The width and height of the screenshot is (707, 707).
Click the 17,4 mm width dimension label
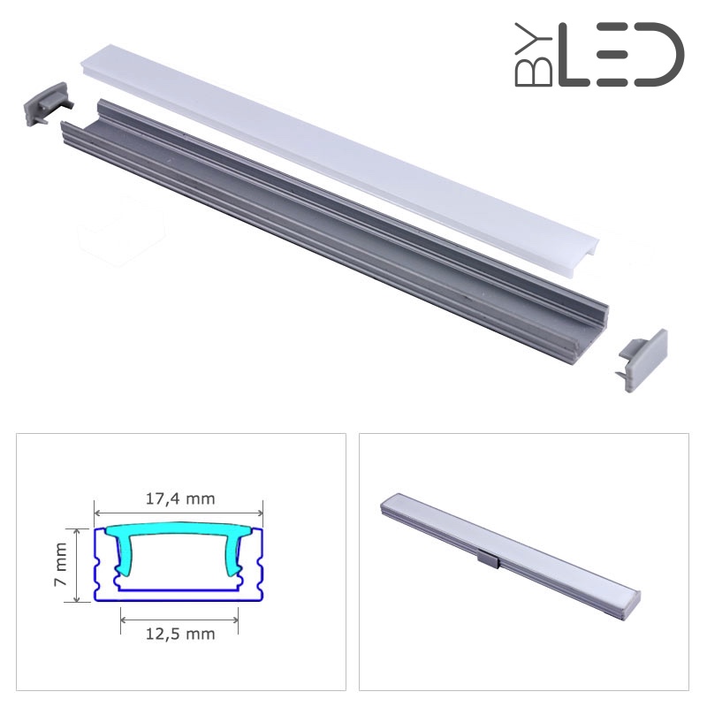pos(180,498)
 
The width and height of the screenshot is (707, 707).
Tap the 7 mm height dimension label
pos(60,564)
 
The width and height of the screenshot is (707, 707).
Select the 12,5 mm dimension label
pos(180,634)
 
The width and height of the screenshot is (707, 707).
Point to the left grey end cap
pos(47,104)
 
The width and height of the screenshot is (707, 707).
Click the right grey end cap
pos(642,360)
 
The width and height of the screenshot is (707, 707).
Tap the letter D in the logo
pos(658,55)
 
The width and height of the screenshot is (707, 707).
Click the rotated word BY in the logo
pos(534,55)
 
